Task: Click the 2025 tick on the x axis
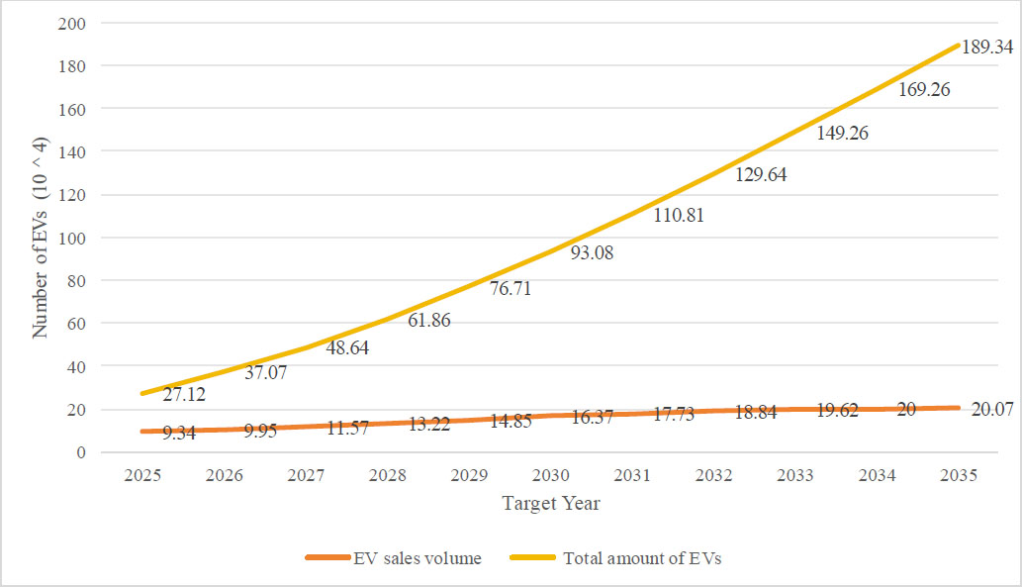[x=143, y=475]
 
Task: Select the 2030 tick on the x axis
[x=550, y=475]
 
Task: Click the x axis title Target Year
[x=551, y=503]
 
